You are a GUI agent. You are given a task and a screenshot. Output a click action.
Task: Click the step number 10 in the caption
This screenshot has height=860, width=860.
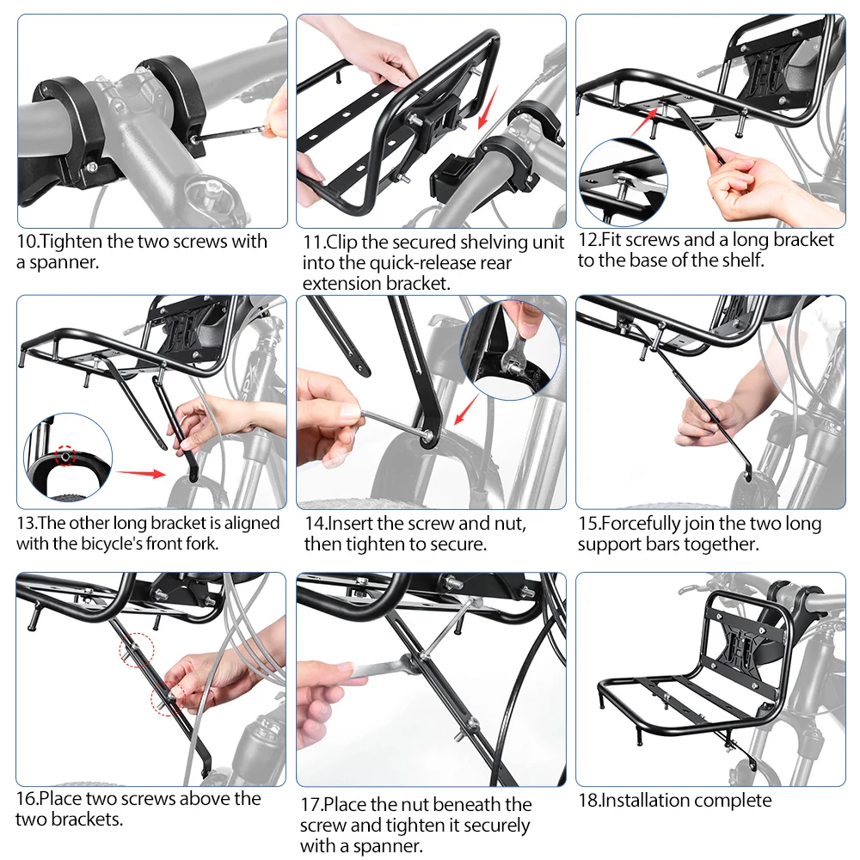click(x=27, y=242)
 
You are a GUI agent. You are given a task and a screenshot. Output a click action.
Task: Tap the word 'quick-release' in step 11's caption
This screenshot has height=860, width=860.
click(x=423, y=263)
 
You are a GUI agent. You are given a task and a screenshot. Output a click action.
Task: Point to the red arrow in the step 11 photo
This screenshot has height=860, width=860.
click(x=488, y=107)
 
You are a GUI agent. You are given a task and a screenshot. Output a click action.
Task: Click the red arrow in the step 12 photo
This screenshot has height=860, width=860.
click(x=644, y=121)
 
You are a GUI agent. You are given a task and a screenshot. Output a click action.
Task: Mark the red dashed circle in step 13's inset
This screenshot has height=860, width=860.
click(x=65, y=455)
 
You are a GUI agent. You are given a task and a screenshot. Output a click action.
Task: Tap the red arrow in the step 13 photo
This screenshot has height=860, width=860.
click(x=141, y=473)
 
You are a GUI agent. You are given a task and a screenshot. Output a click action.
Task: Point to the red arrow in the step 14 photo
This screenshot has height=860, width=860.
click(x=467, y=408)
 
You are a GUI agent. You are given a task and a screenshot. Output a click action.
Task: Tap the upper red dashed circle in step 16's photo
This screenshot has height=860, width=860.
click(x=137, y=650)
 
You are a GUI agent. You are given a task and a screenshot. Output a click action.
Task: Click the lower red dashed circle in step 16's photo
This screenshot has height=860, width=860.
click(x=169, y=698)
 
